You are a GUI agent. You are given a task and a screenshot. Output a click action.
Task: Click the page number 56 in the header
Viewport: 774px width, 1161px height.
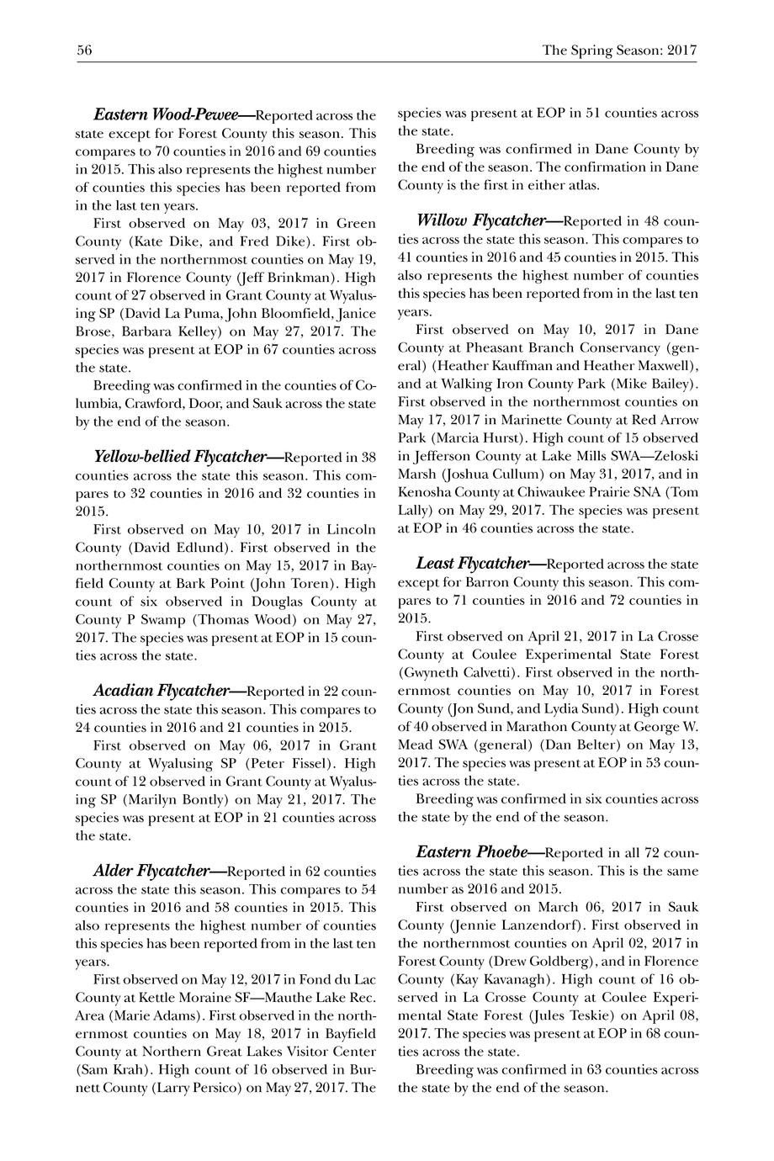tap(84, 50)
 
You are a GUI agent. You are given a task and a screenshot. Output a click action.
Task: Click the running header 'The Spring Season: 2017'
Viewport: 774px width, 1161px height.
tap(620, 50)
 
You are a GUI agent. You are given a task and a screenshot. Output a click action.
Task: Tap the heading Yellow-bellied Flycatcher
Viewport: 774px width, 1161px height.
tap(179, 457)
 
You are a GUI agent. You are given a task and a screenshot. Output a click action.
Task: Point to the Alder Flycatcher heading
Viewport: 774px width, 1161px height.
tap(151, 870)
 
